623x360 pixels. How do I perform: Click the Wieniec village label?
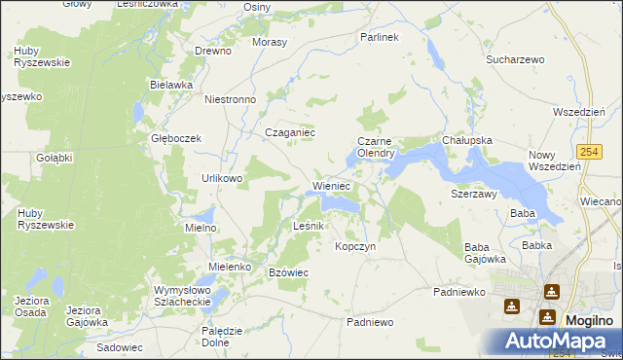point(331,185)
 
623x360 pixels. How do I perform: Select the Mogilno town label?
point(589,320)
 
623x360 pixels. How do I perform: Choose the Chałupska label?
point(467,140)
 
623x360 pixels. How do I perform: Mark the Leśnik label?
point(314,226)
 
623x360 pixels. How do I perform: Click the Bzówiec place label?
point(288,272)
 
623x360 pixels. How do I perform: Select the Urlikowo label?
point(221,179)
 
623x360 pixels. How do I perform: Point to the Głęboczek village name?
point(175,138)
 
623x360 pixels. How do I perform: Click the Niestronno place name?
point(230,99)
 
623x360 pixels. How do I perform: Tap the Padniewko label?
point(457,291)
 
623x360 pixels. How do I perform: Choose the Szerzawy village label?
point(474,194)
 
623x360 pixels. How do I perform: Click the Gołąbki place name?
point(55,158)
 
